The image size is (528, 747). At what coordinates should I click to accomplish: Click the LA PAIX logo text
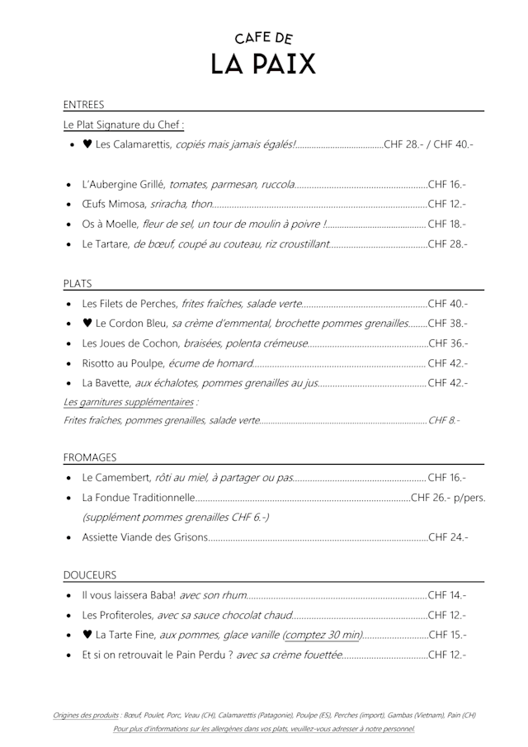point(263,64)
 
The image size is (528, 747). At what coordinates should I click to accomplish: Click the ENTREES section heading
point(83,105)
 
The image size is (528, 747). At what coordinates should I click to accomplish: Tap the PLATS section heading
point(78,283)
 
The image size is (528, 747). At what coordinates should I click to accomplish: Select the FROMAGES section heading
point(90,456)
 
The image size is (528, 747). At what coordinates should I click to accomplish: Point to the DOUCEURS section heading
point(90,574)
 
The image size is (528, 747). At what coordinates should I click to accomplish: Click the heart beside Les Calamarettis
point(87,145)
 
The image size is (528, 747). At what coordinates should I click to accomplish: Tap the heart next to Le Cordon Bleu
point(87,323)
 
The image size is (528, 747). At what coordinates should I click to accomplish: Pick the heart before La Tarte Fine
point(87,635)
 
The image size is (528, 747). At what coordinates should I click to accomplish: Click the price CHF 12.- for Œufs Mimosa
point(447,204)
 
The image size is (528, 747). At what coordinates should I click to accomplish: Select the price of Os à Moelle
point(447,224)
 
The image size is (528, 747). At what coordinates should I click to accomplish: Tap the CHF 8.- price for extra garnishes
point(444,420)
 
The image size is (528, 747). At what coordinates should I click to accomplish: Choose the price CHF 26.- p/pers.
point(448,498)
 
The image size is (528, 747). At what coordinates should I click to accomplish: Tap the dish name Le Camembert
point(116,478)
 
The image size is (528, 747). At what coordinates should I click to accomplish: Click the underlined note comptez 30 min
point(323,635)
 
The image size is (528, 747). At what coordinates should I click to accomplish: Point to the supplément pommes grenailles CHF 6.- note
point(175,518)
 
